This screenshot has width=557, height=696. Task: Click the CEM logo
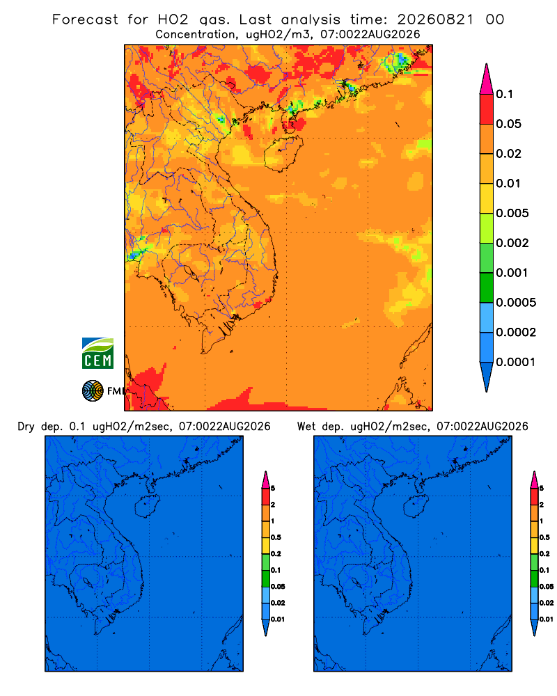point(97,354)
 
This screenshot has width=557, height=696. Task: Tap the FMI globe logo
point(93,391)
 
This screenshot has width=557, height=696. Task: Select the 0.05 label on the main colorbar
point(508,124)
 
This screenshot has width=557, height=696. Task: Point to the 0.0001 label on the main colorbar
point(516,362)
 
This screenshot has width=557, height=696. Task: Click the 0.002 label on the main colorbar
point(512,243)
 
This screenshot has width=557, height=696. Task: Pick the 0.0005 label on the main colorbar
point(516,303)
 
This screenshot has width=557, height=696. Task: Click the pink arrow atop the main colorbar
point(487,79)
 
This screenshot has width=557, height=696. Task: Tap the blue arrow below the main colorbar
point(487,377)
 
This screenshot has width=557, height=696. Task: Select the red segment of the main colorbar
point(487,109)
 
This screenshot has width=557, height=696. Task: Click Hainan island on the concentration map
point(283,153)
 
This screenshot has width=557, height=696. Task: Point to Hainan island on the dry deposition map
point(147,507)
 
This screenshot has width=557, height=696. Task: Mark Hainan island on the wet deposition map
point(416,507)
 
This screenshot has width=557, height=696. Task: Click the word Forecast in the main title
point(85,19)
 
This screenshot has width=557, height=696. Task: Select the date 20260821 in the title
point(435,19)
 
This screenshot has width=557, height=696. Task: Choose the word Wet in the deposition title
point(306,427)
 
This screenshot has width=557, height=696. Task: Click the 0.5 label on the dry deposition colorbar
point(276,537)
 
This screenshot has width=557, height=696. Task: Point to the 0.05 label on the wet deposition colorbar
point(547,587)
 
